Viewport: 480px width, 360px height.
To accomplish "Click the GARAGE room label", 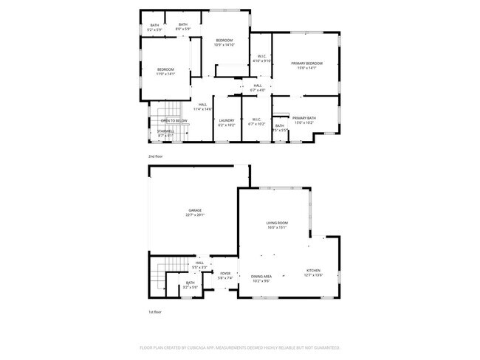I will pyautogui.click(x=195, y=210).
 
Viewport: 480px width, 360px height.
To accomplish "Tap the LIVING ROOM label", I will pyautogui.click(x=277, y=223).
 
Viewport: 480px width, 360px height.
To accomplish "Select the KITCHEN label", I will pyautogui.click(x=314, y=271).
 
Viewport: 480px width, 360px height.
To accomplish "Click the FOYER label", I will pyautogui.click(x=225, y=274).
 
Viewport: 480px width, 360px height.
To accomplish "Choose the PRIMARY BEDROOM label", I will pyautogui.click(x=306, y=63).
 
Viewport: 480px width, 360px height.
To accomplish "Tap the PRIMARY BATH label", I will pyautogui.click(x=304, y=118).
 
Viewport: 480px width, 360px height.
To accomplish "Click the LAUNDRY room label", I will pyautogui.click(x=227, y=120).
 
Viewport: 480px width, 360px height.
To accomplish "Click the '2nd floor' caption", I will pyautogui.click(x=155, y=157).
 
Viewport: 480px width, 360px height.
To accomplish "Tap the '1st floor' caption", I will pyautogui.click(x=155, y=313).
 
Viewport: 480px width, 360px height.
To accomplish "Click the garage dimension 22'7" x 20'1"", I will pyautogui.click(x=195, y=215).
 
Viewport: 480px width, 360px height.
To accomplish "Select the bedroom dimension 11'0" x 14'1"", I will pyautogui.click(x=165, y=74).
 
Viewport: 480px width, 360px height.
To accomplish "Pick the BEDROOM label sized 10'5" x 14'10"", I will pyautogui.click(x=224, y=40).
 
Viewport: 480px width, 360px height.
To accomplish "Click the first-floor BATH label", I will pyautogui.click(x=190, y=282).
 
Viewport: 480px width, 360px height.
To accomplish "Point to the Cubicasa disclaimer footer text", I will pyautogui.click(x=239, y=347).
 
